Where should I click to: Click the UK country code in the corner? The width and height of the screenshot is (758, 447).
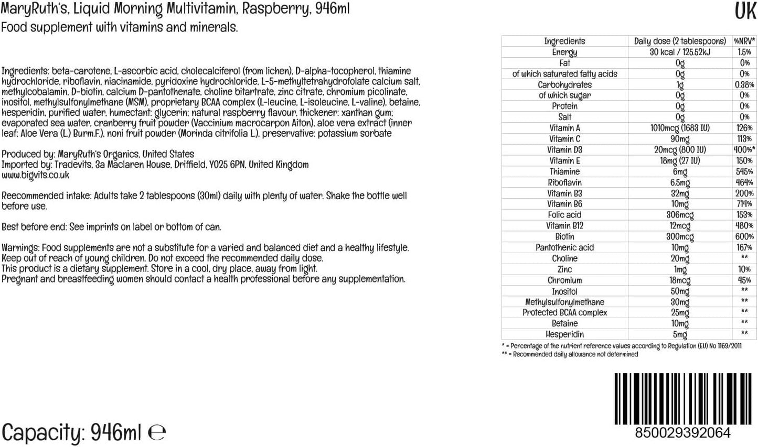click(745, 11)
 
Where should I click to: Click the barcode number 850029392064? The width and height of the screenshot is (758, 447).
click(682, 433)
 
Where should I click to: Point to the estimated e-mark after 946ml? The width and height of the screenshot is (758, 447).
click(157, 433)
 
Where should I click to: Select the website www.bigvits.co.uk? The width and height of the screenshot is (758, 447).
click(35, 175)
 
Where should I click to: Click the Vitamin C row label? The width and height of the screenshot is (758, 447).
click(564, 139)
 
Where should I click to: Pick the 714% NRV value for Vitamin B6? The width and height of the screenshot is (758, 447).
click(744, 204)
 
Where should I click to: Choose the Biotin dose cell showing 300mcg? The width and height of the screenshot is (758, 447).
click(680, 237)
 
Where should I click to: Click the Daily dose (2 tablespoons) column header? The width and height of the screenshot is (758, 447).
click(680, 41)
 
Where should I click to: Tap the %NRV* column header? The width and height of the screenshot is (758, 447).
click(744, 41)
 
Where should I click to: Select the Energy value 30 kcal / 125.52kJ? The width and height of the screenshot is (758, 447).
click(680, 52)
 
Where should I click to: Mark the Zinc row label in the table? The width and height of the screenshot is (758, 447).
click(564, 269)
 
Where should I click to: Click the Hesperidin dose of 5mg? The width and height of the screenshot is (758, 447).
click(680, 334)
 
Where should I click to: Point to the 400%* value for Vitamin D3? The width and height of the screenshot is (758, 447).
click(744, 150)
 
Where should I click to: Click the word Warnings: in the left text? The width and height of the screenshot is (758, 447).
click(20, 248)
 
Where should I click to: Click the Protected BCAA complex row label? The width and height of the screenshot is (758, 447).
click(564, 313)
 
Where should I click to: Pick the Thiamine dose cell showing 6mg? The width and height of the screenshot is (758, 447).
click(680, 171)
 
